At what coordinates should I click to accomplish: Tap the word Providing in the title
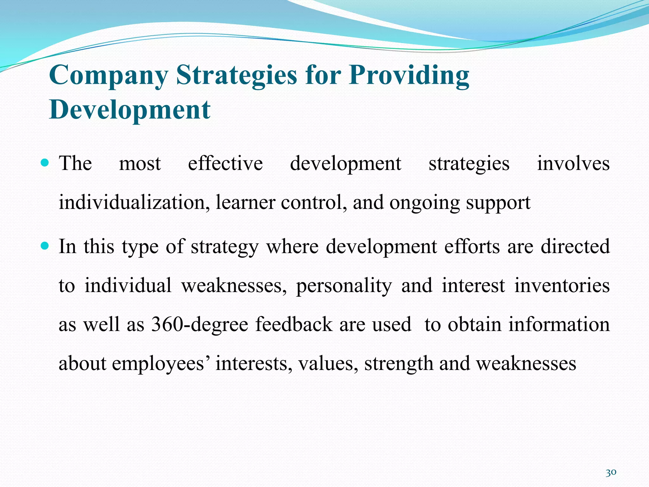[x=409, y=75]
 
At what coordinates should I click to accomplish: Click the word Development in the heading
[x=130, y=110]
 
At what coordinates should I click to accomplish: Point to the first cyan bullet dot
[x=45, y=163]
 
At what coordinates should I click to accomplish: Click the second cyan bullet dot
[x=45, y=246]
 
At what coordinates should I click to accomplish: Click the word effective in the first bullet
[x=225, y=164]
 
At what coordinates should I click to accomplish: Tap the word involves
[x=573, y=164]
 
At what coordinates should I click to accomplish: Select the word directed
[x=575, y=246]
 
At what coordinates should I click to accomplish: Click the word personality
[x=344, y=286]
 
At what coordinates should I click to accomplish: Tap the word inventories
[x=562, y=285]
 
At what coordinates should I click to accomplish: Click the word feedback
[x=294, y=324]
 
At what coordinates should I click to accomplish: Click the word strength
[x=399, y=364]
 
